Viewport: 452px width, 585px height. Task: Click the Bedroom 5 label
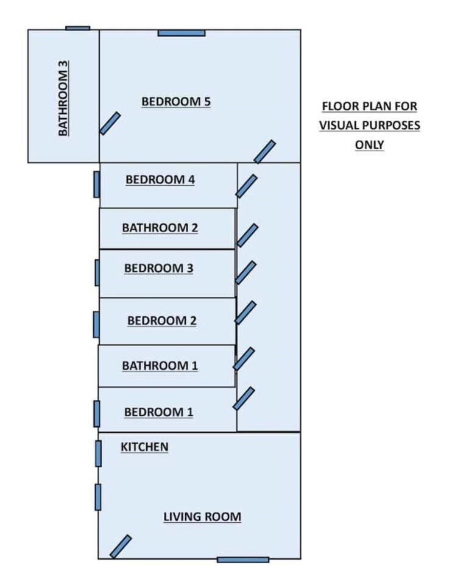pos(176,102)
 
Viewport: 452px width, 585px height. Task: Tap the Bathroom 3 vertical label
pos(64,97)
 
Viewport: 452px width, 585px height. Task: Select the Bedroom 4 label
pos(160,180)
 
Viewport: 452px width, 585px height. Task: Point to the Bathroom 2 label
pos(160,228)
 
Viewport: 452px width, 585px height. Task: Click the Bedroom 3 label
pos(158,268)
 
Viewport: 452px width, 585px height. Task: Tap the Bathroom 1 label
pos(160,366)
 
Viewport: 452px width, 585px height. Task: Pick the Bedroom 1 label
pos(158,412)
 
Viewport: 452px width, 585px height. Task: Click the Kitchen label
pos(144,447)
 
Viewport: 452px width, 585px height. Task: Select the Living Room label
pos(202,517)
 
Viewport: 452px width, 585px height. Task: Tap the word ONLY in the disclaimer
pos(369,144)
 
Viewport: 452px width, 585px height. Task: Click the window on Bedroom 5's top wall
pos(182,32)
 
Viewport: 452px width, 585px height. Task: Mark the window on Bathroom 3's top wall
pos(77,28)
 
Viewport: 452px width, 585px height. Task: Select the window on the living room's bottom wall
pos(243,559)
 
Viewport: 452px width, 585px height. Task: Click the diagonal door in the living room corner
pos(121,546)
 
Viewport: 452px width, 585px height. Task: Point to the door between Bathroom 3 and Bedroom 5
pos(110,123)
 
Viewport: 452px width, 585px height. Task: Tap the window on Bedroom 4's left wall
pos(96,184)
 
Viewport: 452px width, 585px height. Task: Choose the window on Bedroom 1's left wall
pos(96,414)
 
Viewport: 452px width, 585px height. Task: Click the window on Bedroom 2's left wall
pos(96,324)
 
